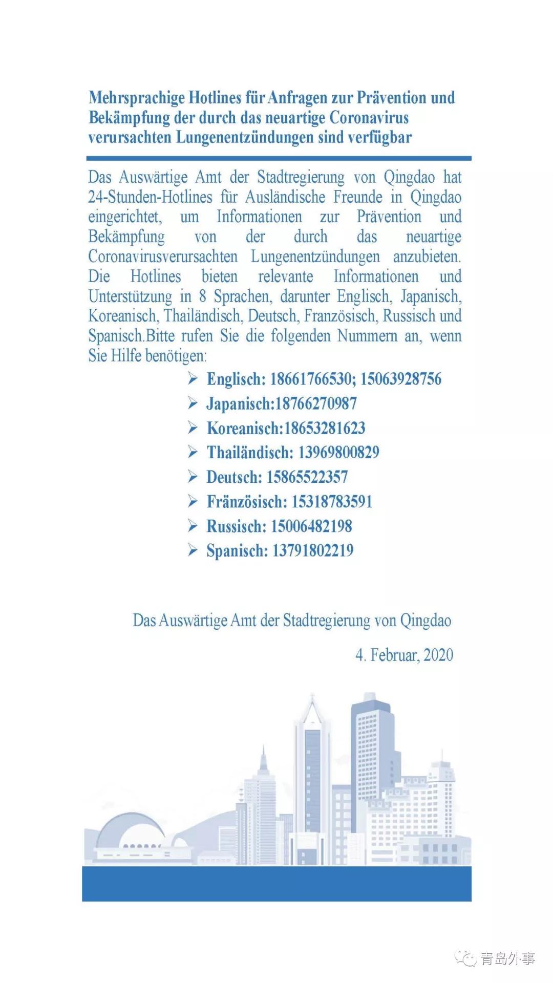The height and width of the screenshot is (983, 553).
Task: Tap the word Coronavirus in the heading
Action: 369,118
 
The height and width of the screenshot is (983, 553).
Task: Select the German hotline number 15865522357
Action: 307,477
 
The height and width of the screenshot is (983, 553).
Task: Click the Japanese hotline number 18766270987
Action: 316,404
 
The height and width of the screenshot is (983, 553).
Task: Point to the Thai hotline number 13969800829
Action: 339,453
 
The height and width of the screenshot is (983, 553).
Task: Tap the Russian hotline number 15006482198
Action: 311,526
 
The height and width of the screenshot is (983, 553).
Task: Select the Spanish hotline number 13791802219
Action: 313,551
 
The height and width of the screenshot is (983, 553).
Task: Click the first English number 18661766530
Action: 312,379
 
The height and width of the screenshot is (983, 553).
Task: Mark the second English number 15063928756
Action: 401,379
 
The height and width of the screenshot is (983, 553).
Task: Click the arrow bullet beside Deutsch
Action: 193,477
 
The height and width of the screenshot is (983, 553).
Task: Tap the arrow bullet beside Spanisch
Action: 193,551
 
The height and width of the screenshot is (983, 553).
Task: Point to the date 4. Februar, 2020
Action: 405,655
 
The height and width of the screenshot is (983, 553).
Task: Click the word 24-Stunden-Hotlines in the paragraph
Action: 150,197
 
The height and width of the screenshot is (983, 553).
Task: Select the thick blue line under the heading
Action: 279,159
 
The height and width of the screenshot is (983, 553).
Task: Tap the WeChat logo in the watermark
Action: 465,958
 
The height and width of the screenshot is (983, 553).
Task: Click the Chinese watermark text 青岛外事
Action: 507,958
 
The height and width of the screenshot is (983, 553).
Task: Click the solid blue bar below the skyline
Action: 276,884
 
